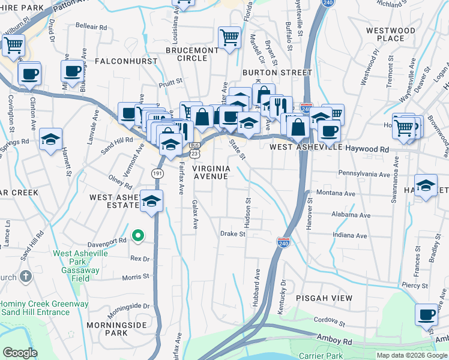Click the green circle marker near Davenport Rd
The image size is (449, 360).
point(137,236)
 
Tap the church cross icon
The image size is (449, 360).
point(25,277)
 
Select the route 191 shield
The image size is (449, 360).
point(156,173)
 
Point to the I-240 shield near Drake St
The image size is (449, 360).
point(284,242)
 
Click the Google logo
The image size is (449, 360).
point(20,353)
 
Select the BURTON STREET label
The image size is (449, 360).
point(277,73)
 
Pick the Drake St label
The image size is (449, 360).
point(233,234)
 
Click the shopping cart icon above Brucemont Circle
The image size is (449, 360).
point(229,37)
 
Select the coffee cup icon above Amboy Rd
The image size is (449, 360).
point(427,314)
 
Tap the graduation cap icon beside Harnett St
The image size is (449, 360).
point(51,139)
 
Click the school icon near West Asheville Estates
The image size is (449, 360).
point(152,200)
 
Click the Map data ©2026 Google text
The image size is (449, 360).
point(411,355)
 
